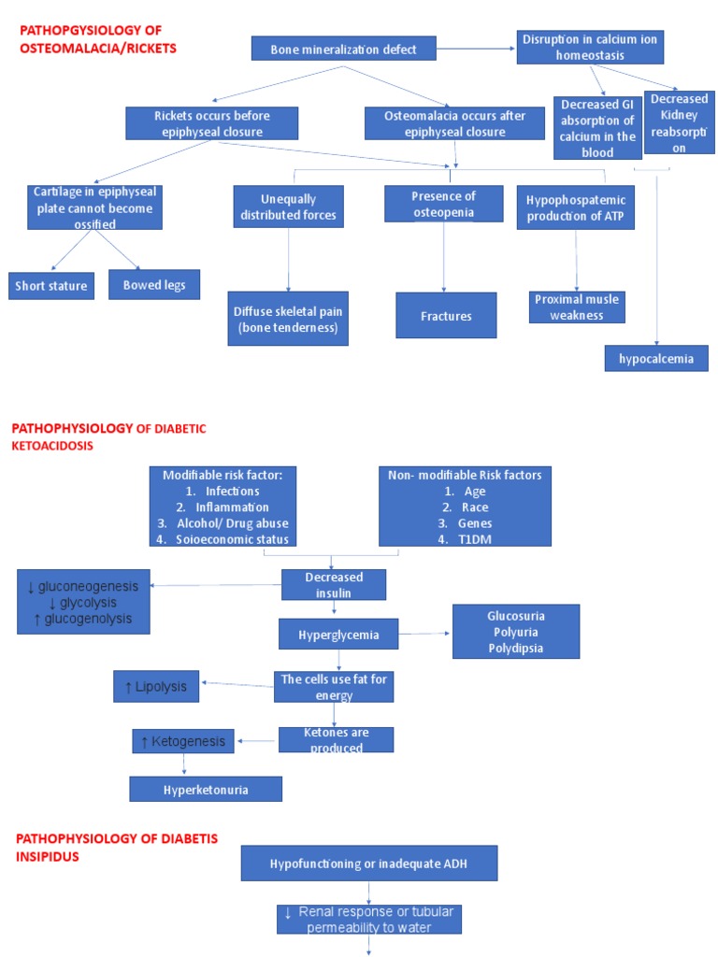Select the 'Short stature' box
point(51,286)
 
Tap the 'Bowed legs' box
point(154,284)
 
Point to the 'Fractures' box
point(446,316)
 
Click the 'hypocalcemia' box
point(656,358)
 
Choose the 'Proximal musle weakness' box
point(577,307)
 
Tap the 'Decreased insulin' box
point(334,585)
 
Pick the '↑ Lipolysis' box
point(156,687)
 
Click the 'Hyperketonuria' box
point(205,789)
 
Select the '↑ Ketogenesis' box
point(183,741)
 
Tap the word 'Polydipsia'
point(515,648)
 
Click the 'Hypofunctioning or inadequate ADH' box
point(369,863)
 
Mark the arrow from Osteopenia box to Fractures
point(445,257)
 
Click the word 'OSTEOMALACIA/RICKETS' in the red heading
point(97,47)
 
